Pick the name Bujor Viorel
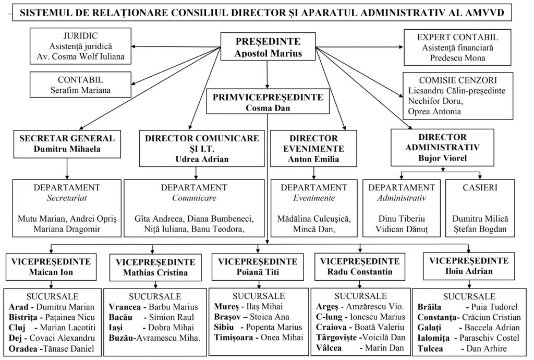(x=442, y=158)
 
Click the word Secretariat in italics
(x=66, y=197)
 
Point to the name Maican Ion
(x=50, y=272)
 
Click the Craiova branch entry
(x=357, y=327)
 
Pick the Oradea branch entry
(x=51, y=349)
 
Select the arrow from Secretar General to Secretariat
(x=67, y=169)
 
